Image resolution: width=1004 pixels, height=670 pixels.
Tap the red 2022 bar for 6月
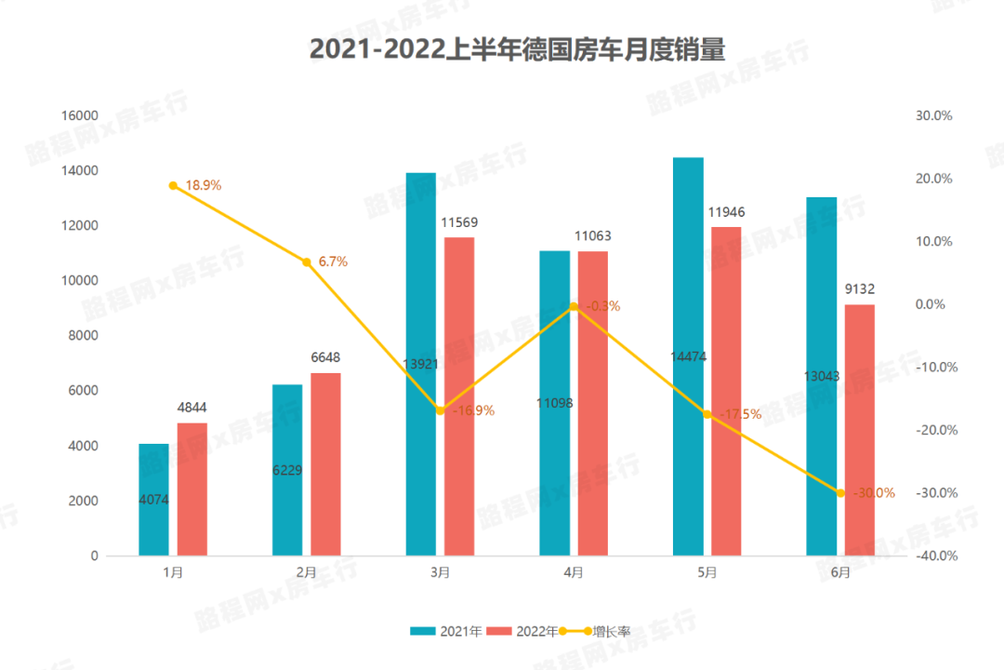pyautogui.click(x=860, y=428)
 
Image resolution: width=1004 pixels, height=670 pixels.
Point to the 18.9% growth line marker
pyautogui.click(x=173, y=186)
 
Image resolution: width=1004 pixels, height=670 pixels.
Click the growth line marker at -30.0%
pyautogui.click(x=840, y=493)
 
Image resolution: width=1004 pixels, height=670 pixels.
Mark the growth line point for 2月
pyautogui.click(x=307, y=262)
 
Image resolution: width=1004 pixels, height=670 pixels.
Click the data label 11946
pyautogui.click(x=727, y=213)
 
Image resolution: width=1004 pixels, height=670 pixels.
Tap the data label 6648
pyautogui.click(x=325, y=358)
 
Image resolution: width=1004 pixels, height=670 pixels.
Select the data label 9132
pyautogui.click(x=860, y=289)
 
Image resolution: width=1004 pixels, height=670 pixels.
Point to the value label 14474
pyautogui.click(x=689, y=355)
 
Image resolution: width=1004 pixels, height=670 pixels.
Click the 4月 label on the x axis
pyautogui.click(x=574, y=573)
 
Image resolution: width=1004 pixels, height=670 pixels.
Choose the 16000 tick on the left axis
pyautogui.click(x=80, y=115)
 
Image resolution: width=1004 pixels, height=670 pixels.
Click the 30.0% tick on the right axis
pyautogui.click(x=934, y=115)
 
